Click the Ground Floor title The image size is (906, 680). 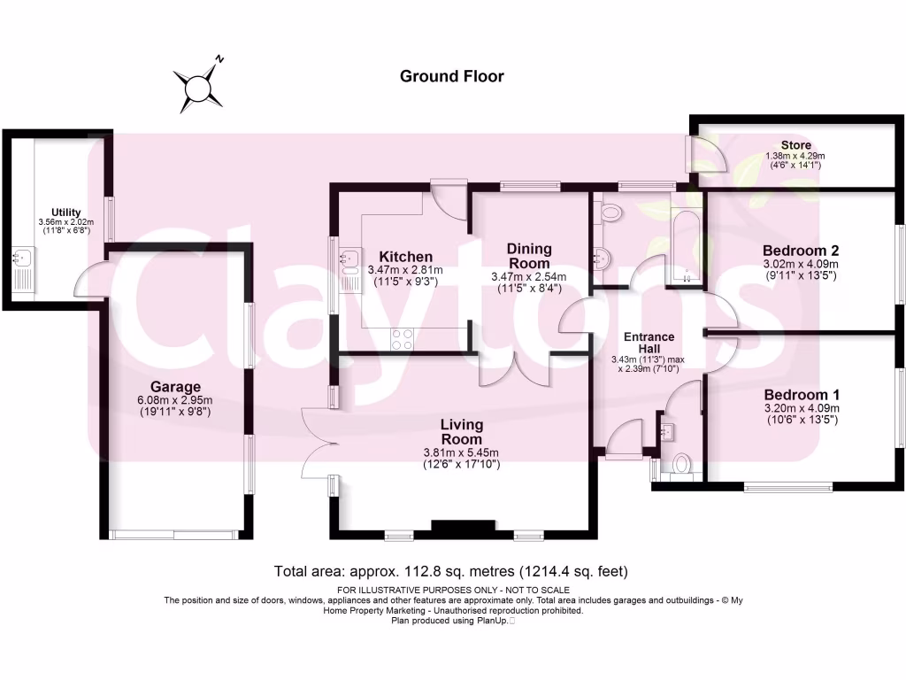coord(451,76)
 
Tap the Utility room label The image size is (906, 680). coord(66,212)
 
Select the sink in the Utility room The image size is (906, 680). coord(23,259)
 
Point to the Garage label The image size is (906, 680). coord(175,387)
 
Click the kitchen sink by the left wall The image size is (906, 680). coord(349,259)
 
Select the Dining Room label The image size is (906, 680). coord(529,256)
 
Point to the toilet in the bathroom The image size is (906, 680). coord(610,213)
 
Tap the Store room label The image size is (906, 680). coord(795,145)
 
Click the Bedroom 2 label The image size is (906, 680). coord(800,250)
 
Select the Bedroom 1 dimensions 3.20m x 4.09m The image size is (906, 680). coord(801,408)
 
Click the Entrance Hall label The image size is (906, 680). coord(649,343)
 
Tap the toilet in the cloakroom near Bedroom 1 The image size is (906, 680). coord(681,464)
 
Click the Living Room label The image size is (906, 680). coord(462,432)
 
